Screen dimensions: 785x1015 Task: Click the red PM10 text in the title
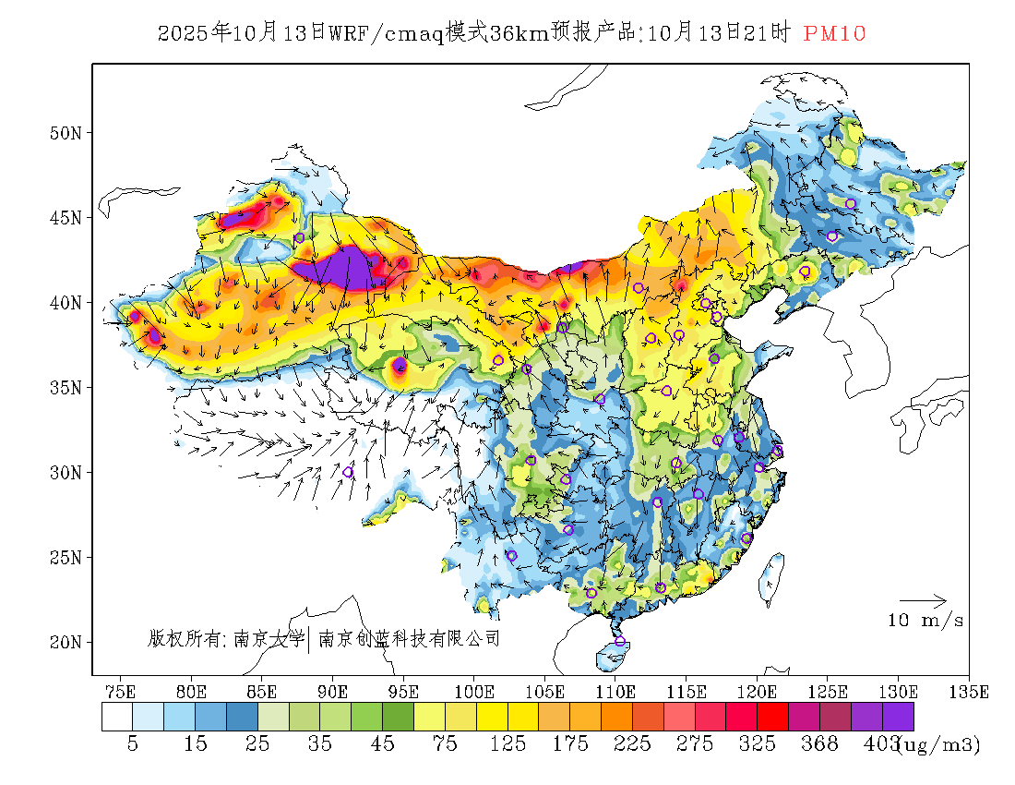click(x=834, y=34)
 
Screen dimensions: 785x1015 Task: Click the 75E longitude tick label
click(x=120, y=691)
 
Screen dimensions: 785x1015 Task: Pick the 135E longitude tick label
click(x=969, y=691)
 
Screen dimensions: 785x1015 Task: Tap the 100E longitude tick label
click(x=473, y=691)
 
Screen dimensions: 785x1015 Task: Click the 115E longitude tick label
click(x=686, y=691)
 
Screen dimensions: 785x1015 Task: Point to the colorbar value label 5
click(x=133, y=744)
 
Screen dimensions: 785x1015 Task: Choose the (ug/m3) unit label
click(x=938, y=744)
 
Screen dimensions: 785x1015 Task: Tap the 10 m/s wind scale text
click(x=925, y=621)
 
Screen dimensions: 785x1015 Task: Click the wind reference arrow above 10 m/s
click(x=923, y=600)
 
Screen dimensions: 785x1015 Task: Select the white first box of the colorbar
click(x=117, y=718)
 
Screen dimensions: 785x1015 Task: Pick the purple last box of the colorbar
click(x=898, y=718)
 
